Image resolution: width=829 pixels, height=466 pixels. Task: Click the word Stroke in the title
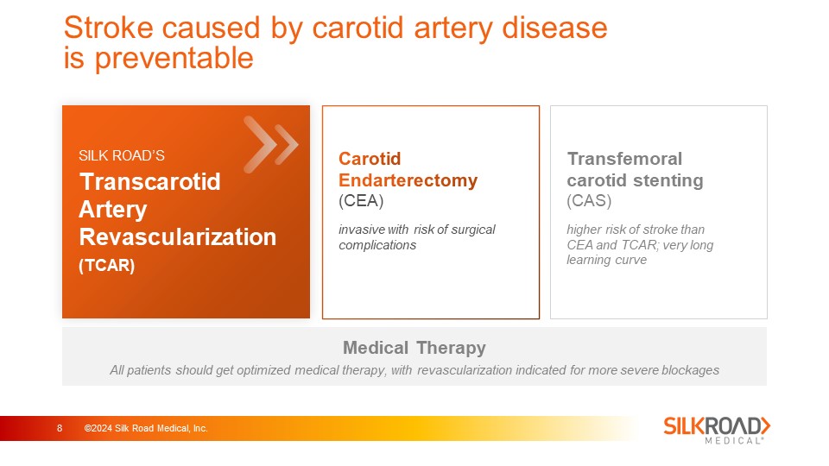(x=110, y=28)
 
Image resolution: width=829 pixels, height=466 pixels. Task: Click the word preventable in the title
(x=174, y=59)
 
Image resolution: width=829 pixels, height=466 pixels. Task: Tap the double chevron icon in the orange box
(x=270, y=144)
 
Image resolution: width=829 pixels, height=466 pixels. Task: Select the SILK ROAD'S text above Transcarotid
(x=122, y=155)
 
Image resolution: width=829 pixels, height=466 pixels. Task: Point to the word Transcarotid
(x=149, y=182)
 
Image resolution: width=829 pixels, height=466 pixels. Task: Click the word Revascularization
(x=178, y=236)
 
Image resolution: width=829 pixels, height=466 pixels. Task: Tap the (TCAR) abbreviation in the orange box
(x=107, y=265)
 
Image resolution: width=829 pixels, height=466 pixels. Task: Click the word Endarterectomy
(x=408, y=180)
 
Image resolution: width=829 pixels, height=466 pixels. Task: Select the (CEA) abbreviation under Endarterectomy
(x=361, y=201)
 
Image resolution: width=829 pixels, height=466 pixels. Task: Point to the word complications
(x=377, y=245)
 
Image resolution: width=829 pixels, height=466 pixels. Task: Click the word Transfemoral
(x=624, y=159)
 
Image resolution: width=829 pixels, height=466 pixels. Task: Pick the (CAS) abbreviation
(x=589, y=201)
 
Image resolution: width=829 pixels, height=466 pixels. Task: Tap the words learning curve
(x=606, y=260)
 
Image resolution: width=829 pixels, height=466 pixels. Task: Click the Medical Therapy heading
(x=414, y=348)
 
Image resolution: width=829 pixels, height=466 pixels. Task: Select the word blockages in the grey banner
(x=690, y=370)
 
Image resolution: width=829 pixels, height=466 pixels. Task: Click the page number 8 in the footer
(x=60, y=429)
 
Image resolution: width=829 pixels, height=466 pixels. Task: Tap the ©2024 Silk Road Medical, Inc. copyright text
(x=146, y=429)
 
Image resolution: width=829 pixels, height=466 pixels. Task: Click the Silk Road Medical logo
(x=717, y=430)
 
